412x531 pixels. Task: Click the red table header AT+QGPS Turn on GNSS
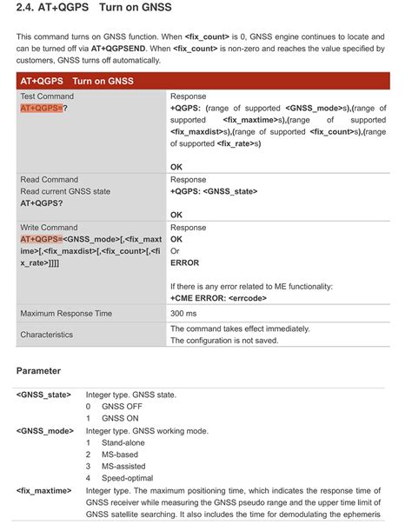click(x=77, y=81)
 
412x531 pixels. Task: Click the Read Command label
click(x=50, y=179)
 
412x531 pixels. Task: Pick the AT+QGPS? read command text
click(x=41, y=202)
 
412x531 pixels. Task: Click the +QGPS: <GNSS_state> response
click(x=213, y=191)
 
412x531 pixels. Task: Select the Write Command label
click(x=50, y=227)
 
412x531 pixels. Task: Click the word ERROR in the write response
click(x=184, y=262)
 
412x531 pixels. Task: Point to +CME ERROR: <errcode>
click(x=218, y=297)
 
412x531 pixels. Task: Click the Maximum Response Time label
click(x=66, y=313)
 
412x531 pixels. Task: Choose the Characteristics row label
click(x=52, y=335)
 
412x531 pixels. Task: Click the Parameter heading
click(x=38, y=371)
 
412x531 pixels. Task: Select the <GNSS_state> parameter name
click(x=43, y=395)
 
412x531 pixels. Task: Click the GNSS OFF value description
click(x=121, y=406)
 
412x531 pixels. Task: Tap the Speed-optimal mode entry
click(x=128, y=478)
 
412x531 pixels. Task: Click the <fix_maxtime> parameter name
click(x=43, y=491)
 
